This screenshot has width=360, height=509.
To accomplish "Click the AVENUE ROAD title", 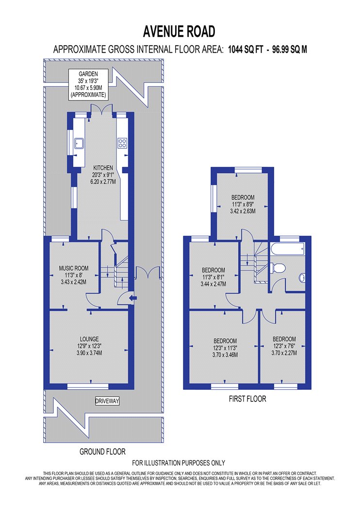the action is (179, 32).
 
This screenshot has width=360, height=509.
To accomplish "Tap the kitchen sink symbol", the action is (79, 143).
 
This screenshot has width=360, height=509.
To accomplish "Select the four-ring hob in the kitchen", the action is (122, 143).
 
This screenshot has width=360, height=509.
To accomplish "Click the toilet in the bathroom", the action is (278, 268).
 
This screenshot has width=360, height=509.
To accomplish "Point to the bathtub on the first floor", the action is (287, 249).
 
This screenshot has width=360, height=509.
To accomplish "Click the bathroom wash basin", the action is (302, 278).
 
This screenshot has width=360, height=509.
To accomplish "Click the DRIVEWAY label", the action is (107, 401).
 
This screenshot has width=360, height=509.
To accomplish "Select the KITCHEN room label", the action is (103, 168).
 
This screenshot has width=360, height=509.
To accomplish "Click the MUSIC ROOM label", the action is (73, 268).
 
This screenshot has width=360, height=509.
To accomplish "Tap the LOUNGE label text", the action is (89, 339).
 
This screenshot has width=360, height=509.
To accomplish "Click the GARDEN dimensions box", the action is (88, 84).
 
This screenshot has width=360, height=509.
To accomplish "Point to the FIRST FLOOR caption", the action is (247, 398).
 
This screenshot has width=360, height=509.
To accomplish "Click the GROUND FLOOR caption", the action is (102, 451).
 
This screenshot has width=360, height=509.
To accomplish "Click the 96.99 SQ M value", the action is (290, 49).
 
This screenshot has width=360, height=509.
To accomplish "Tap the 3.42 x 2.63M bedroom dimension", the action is (243, 211).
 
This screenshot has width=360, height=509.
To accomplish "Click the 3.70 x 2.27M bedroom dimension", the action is (284, 353).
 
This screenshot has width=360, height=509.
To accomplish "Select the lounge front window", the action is (88, 386).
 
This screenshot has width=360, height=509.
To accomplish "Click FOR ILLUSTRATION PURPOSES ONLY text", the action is (179, 463).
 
